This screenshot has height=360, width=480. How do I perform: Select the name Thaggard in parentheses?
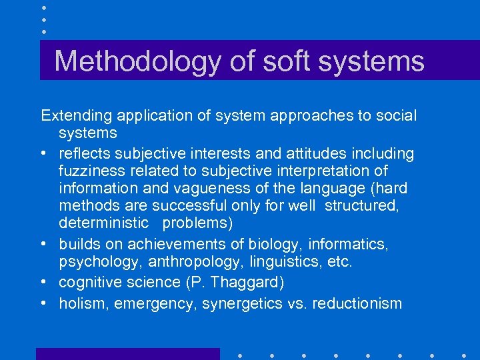247,283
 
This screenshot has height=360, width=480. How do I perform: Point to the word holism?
84,304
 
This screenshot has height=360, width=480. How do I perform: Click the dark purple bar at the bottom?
127,354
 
